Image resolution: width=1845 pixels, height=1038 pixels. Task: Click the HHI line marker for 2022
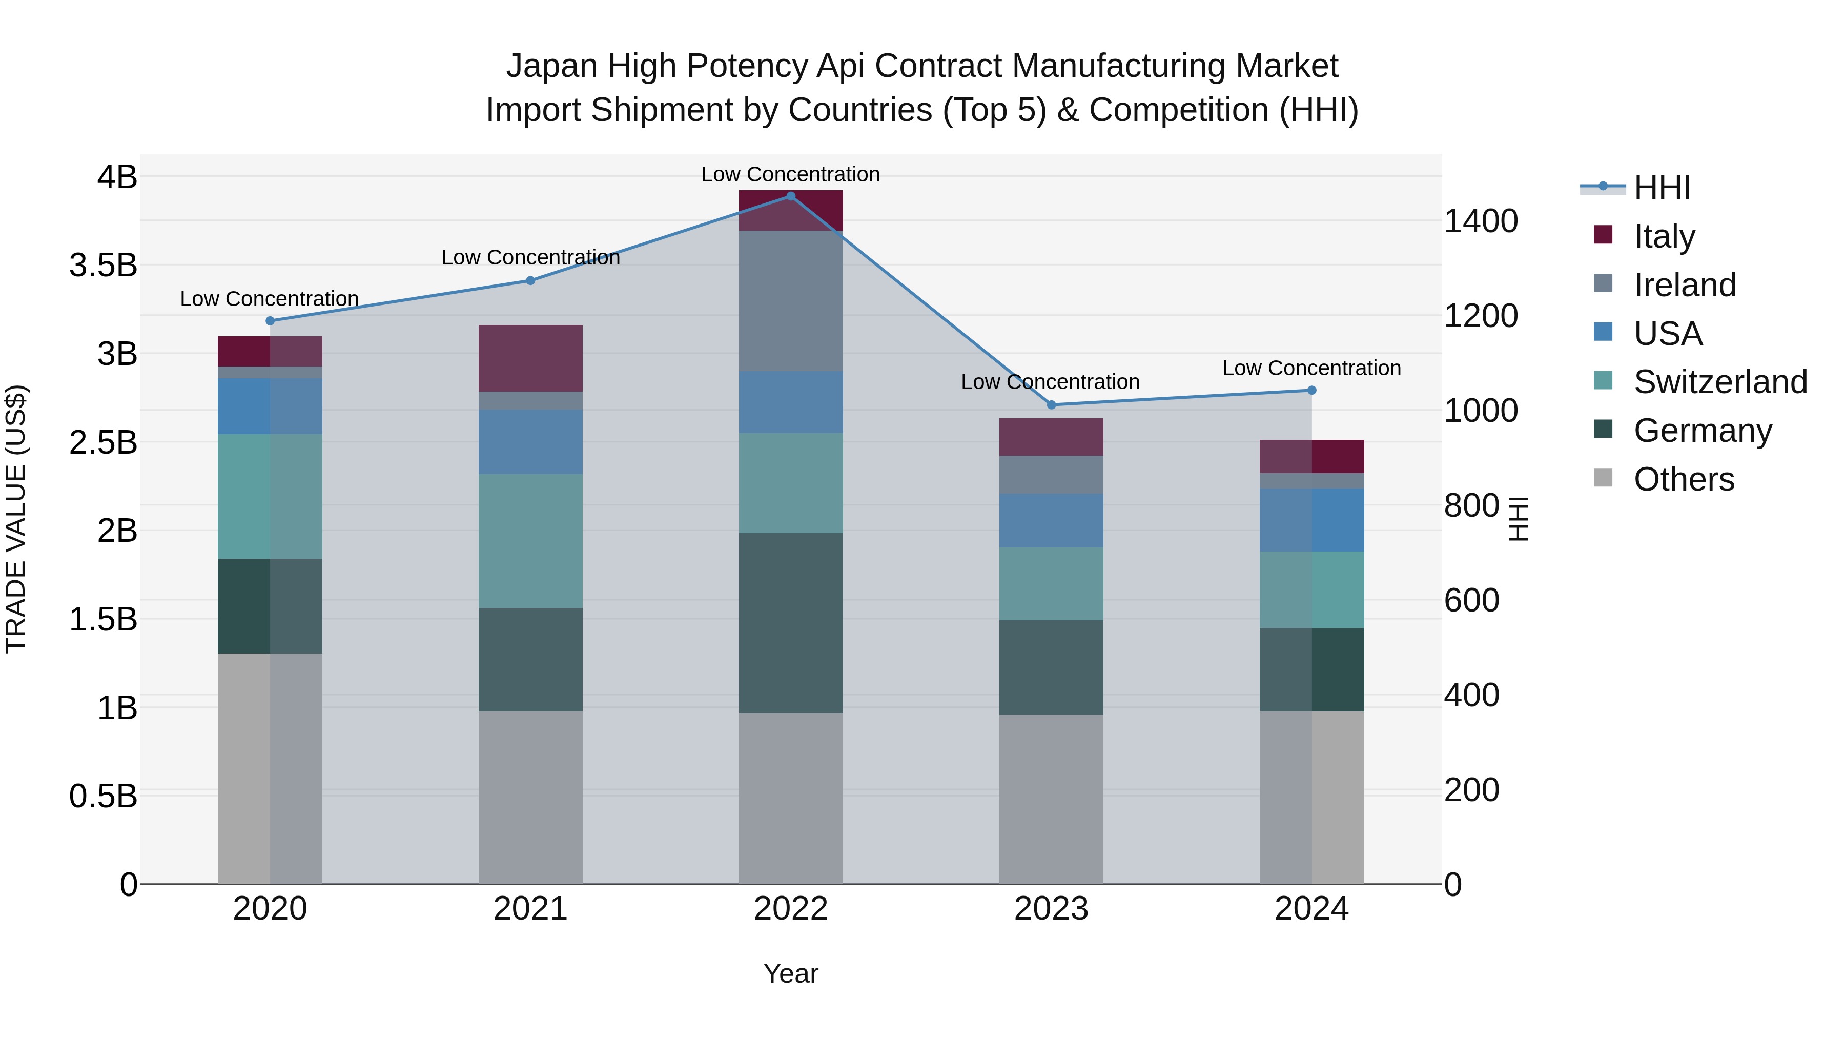point(791,196)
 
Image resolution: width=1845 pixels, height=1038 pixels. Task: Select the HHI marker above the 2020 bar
point(270,321)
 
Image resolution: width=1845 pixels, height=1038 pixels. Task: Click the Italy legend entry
point(1664,236)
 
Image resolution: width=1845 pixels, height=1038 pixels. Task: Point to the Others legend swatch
point(1603,478)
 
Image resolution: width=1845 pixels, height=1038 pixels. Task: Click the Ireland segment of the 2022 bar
point(791,301)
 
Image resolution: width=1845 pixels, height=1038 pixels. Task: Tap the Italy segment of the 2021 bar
point(530,358)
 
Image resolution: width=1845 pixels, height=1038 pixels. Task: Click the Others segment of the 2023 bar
point(1051,799)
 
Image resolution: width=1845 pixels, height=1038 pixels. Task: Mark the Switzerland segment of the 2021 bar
point(530,541)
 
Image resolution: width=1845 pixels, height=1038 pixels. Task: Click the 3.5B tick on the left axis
point(103,265)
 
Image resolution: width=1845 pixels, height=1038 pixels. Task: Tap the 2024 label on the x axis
point(1311,909)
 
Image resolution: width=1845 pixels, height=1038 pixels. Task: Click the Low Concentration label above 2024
point(1311,368)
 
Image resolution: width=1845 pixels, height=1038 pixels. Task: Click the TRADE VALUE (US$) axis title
point(16,519)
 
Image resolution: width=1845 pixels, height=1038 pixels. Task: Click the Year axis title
point(791,973)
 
